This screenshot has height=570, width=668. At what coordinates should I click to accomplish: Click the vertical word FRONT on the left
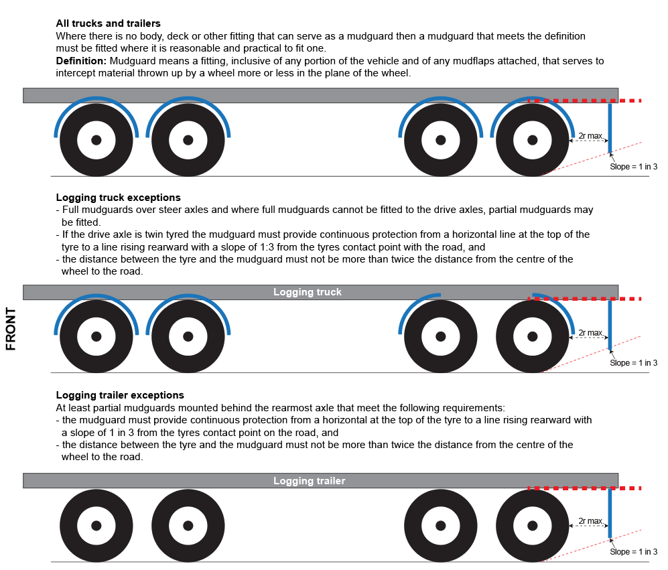pos(11,329)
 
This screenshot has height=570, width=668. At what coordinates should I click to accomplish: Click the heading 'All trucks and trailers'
pos(108,23)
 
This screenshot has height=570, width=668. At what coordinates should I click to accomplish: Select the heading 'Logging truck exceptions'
pos(118,198)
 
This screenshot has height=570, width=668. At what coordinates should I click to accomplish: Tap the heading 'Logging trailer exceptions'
pos(120,395)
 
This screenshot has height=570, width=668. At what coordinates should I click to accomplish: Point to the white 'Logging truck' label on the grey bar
pos(307,292)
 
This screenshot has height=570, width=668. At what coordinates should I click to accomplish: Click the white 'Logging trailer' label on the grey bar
pos(309,481)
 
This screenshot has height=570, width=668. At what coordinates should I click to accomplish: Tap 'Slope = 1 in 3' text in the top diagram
pos(633,167)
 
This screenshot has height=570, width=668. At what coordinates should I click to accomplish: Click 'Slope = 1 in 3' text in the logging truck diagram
pos(633,363)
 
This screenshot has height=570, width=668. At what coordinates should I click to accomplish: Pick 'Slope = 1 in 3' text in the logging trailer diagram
pos(633,552)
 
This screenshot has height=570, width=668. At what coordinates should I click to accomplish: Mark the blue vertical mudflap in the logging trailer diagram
pos(610,512)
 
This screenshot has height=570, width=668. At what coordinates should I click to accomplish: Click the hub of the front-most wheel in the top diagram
pos(96,140)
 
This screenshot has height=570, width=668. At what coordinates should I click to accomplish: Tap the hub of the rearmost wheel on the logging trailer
pos(533,525)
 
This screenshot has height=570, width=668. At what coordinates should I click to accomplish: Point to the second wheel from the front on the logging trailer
pos(188,525)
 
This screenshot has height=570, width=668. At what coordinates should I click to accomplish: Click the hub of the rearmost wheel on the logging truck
pos(533,336)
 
